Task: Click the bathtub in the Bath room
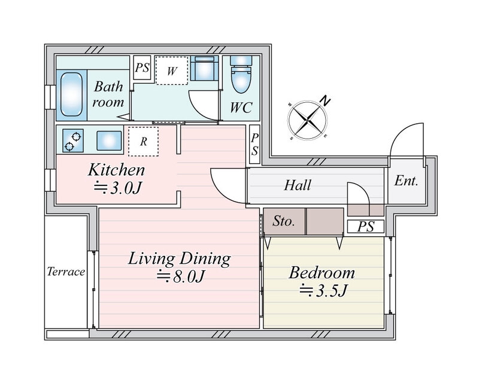tap(71, 94)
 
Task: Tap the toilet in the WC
tap(241, 74)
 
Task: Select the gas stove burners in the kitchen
tap(73, 140)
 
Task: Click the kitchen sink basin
tap(109, 140)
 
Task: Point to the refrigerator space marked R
tap(143, 141)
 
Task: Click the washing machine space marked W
tap(172, 71)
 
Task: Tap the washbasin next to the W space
tap(204, 68)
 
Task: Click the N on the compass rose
tap(326, 101)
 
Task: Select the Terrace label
tap(66, 271)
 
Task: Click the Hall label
tap(298, 185)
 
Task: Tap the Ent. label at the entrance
tap(406, 181)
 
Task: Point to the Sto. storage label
tap(284, 221)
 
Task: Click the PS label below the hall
tap(366, 227)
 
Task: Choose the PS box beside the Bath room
tap(143, 68)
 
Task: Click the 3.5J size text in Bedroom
tap(323, 291)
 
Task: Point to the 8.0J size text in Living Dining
tap(180, 277)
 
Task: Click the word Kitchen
tap(116, 170)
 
